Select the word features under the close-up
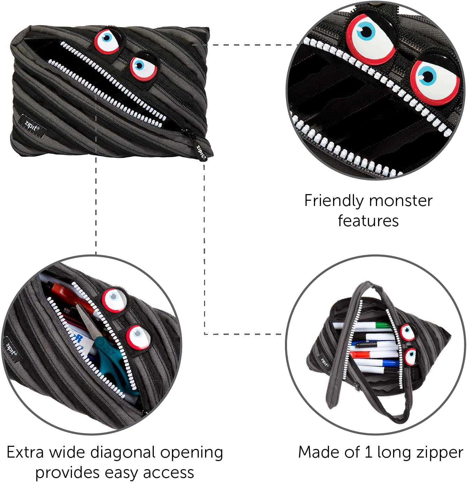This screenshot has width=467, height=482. click(x=368, y=221)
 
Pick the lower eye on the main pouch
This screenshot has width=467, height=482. click(x=143, y=66)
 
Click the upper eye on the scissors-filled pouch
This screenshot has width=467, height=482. click(x=114, y=299)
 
